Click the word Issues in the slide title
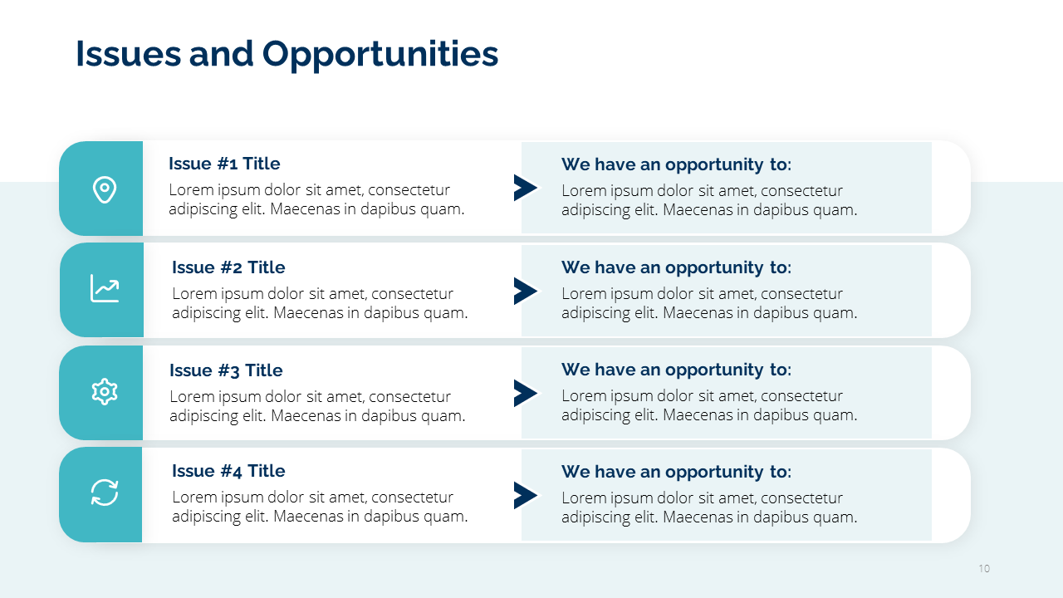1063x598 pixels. click(128, 53)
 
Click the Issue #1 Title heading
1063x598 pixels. click(224, 164)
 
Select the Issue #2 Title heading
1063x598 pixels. click(228, 267)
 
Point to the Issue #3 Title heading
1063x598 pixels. click(226, 370)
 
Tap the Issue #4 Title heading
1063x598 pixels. click(228, 471)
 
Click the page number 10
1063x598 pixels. click(984, 569)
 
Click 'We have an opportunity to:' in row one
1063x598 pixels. click(676, 165)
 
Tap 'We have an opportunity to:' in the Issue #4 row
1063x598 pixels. click(676, 473)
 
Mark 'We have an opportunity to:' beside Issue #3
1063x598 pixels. click(676, 370)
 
